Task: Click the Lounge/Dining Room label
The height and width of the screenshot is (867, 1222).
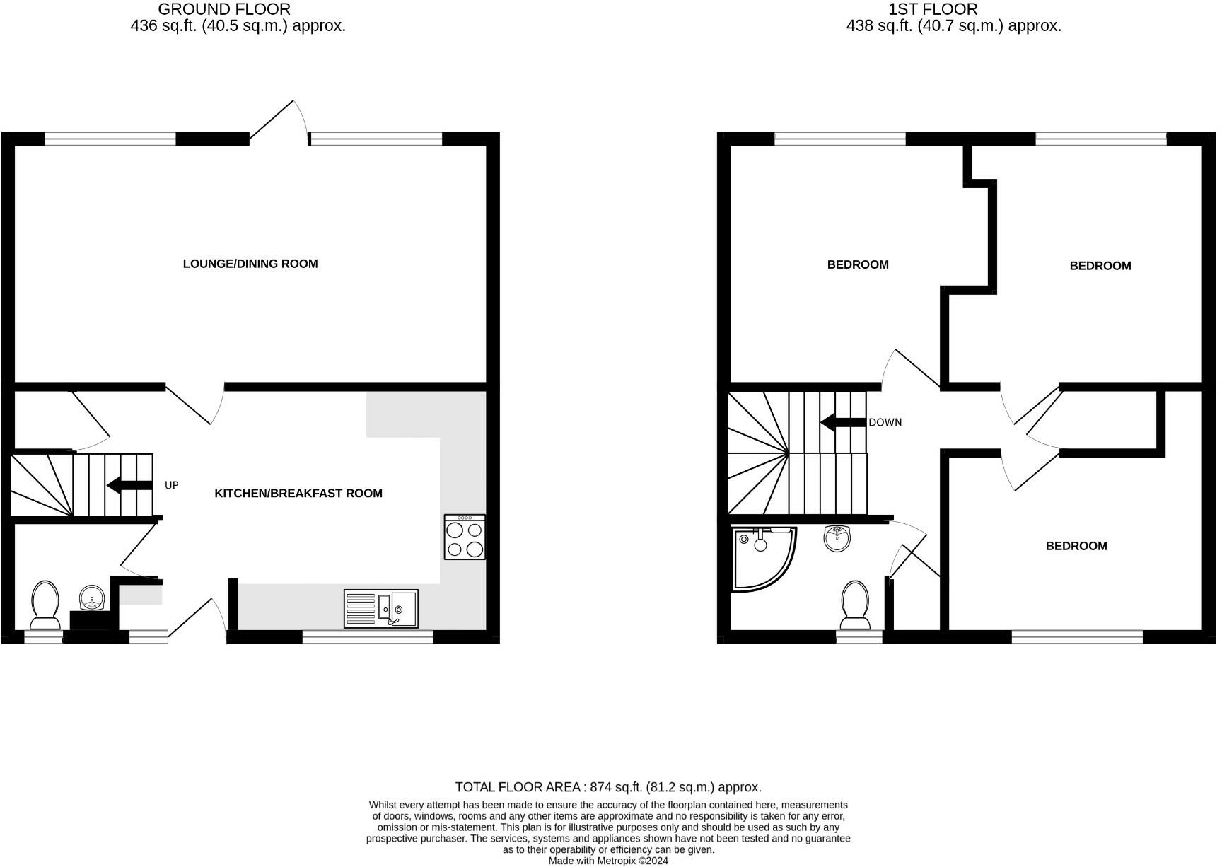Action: [x=250, y=264]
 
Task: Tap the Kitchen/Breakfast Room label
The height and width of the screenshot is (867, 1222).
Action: [x=298, y=493]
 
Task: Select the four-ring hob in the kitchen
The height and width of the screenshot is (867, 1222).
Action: [x=465, y=537]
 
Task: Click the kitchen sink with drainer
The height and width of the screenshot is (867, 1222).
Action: [x=380, y=608]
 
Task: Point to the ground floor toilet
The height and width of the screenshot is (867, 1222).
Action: [x=45, y=605]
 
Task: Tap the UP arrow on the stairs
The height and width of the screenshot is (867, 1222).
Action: [x=129, y=485]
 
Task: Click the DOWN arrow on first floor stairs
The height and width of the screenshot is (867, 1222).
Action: [x=843, y=422]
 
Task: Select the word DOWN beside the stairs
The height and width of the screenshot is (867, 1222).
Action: [x=885, y=422]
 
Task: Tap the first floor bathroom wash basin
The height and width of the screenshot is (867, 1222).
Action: [x=838, y=539]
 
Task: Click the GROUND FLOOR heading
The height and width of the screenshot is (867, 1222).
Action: [x=224, y=9]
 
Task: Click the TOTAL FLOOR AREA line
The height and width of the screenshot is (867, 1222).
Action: [x=608, y=787]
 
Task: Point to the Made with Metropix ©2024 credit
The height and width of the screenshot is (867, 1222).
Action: [x=608, y=861]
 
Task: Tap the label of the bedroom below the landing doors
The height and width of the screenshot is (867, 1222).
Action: [x=1076, y=546]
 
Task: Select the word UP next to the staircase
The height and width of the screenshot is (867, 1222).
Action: [x=172, y=485]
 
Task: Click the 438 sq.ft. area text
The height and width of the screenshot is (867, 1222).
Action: [x=953, y=26]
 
